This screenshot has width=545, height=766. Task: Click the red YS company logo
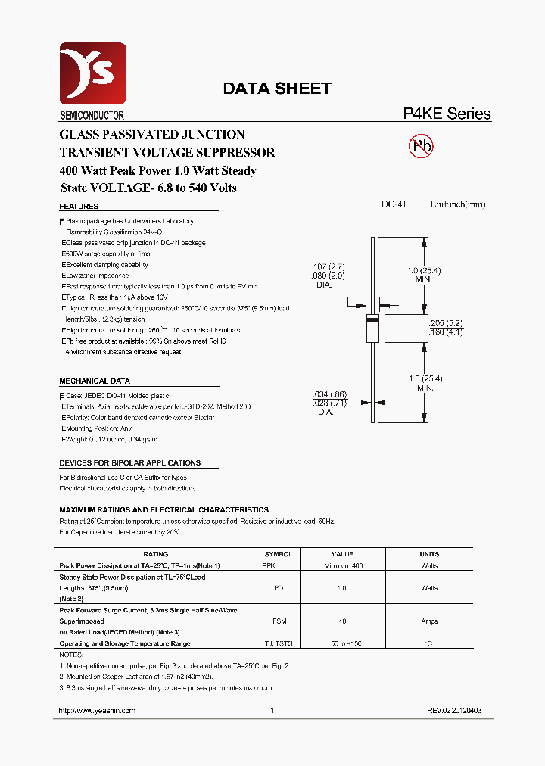click(92, 73)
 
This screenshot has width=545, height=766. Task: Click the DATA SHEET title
click(276, 89)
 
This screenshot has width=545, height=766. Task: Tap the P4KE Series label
click(446, 114)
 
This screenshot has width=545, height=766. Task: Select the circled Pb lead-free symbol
click(421, 146)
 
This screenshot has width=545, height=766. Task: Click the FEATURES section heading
click(79, 207)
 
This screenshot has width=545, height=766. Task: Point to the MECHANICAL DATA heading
click(95, 381)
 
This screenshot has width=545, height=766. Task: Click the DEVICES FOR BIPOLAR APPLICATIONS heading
click(129, 462)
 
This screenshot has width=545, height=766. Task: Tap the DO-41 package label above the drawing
click(394, 204)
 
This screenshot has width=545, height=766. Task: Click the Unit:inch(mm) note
click(457, 204)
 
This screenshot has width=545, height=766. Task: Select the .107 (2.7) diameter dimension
click(328, 267)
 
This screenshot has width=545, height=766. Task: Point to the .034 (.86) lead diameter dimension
click(329, 394)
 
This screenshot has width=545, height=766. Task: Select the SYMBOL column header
click(278, 554)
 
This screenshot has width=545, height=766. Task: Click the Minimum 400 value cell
click(343, 565)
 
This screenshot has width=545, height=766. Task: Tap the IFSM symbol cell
click(278, 621)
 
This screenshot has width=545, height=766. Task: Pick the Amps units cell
click(428, 621)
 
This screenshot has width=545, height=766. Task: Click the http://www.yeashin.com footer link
click(97, 711)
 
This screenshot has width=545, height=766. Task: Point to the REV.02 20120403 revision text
click(454, 711)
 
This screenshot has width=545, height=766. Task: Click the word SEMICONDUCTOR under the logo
click(92, 115)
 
